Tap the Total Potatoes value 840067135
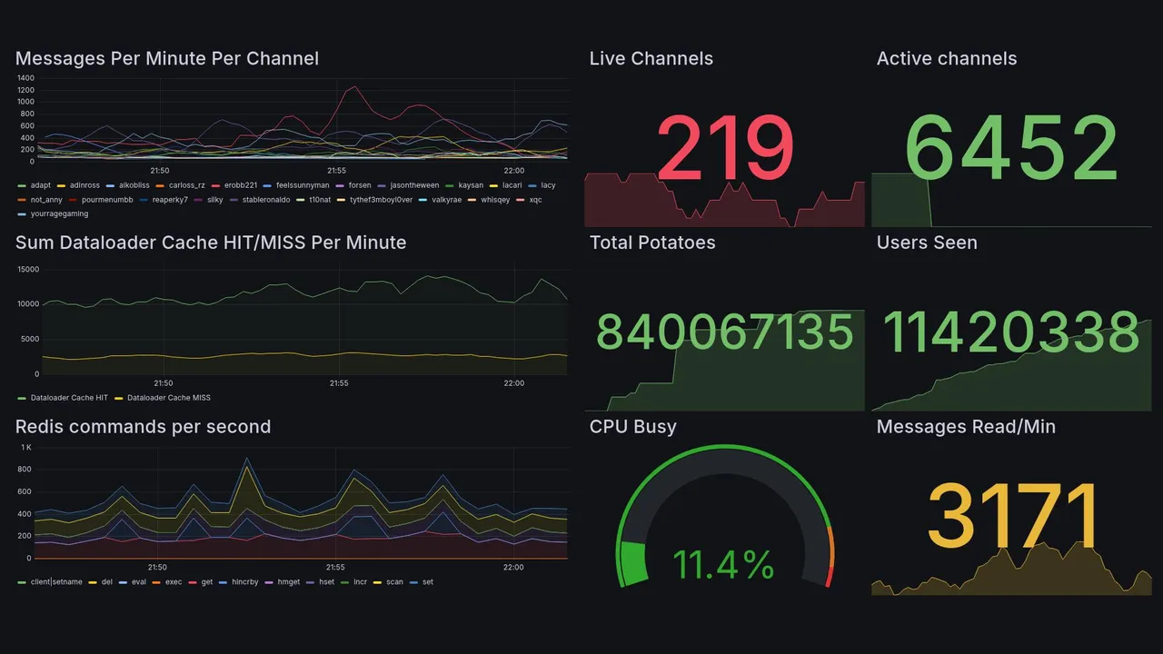pyautogui.click(x=724, y=332)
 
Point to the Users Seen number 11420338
pyautogui.click(x=1011, y=332)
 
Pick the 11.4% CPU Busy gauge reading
pyautogui.click(x=723, y=565)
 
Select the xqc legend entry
pyautogui.click(x=534, y=200)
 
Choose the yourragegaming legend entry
pyautogui.click(x=59, y=214)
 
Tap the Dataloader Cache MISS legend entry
pyautogui.click(x=168, y=398)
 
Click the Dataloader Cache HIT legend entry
pyautogui.click(x=68, y=398)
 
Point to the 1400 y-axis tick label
pyautogui.click(x=25, y=78)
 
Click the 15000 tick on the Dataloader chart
pyautogui.click(x=28, y=270)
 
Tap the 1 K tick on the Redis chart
pyautogui.click(x=25, y=448)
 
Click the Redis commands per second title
pyautogui.click(x=143, y=427)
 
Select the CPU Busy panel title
pyautogui.click(x=632, y=427)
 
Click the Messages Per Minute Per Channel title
pyautogui.click(x=167, y=59)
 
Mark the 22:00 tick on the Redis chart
pyautogui.click(x=513, y=568)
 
